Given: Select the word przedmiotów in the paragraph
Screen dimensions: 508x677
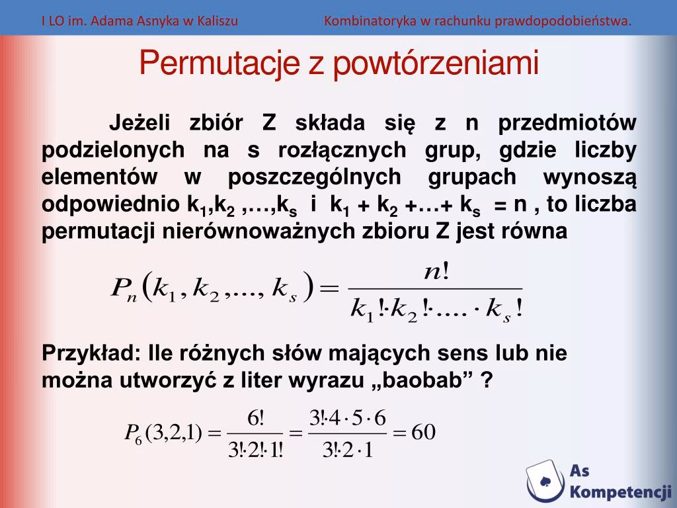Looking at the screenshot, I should click(567, 124).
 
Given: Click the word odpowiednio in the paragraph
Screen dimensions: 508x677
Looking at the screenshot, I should click(112, 205).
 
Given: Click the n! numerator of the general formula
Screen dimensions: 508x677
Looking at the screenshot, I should click(436, 272).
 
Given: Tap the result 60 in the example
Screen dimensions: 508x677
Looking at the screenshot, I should click(423, 433).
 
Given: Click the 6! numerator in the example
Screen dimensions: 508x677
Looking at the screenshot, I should click(255, 418).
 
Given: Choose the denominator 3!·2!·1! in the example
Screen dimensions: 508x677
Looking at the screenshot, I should click(255, 450).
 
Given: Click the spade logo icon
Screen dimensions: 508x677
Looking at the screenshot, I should click(546, 480).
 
